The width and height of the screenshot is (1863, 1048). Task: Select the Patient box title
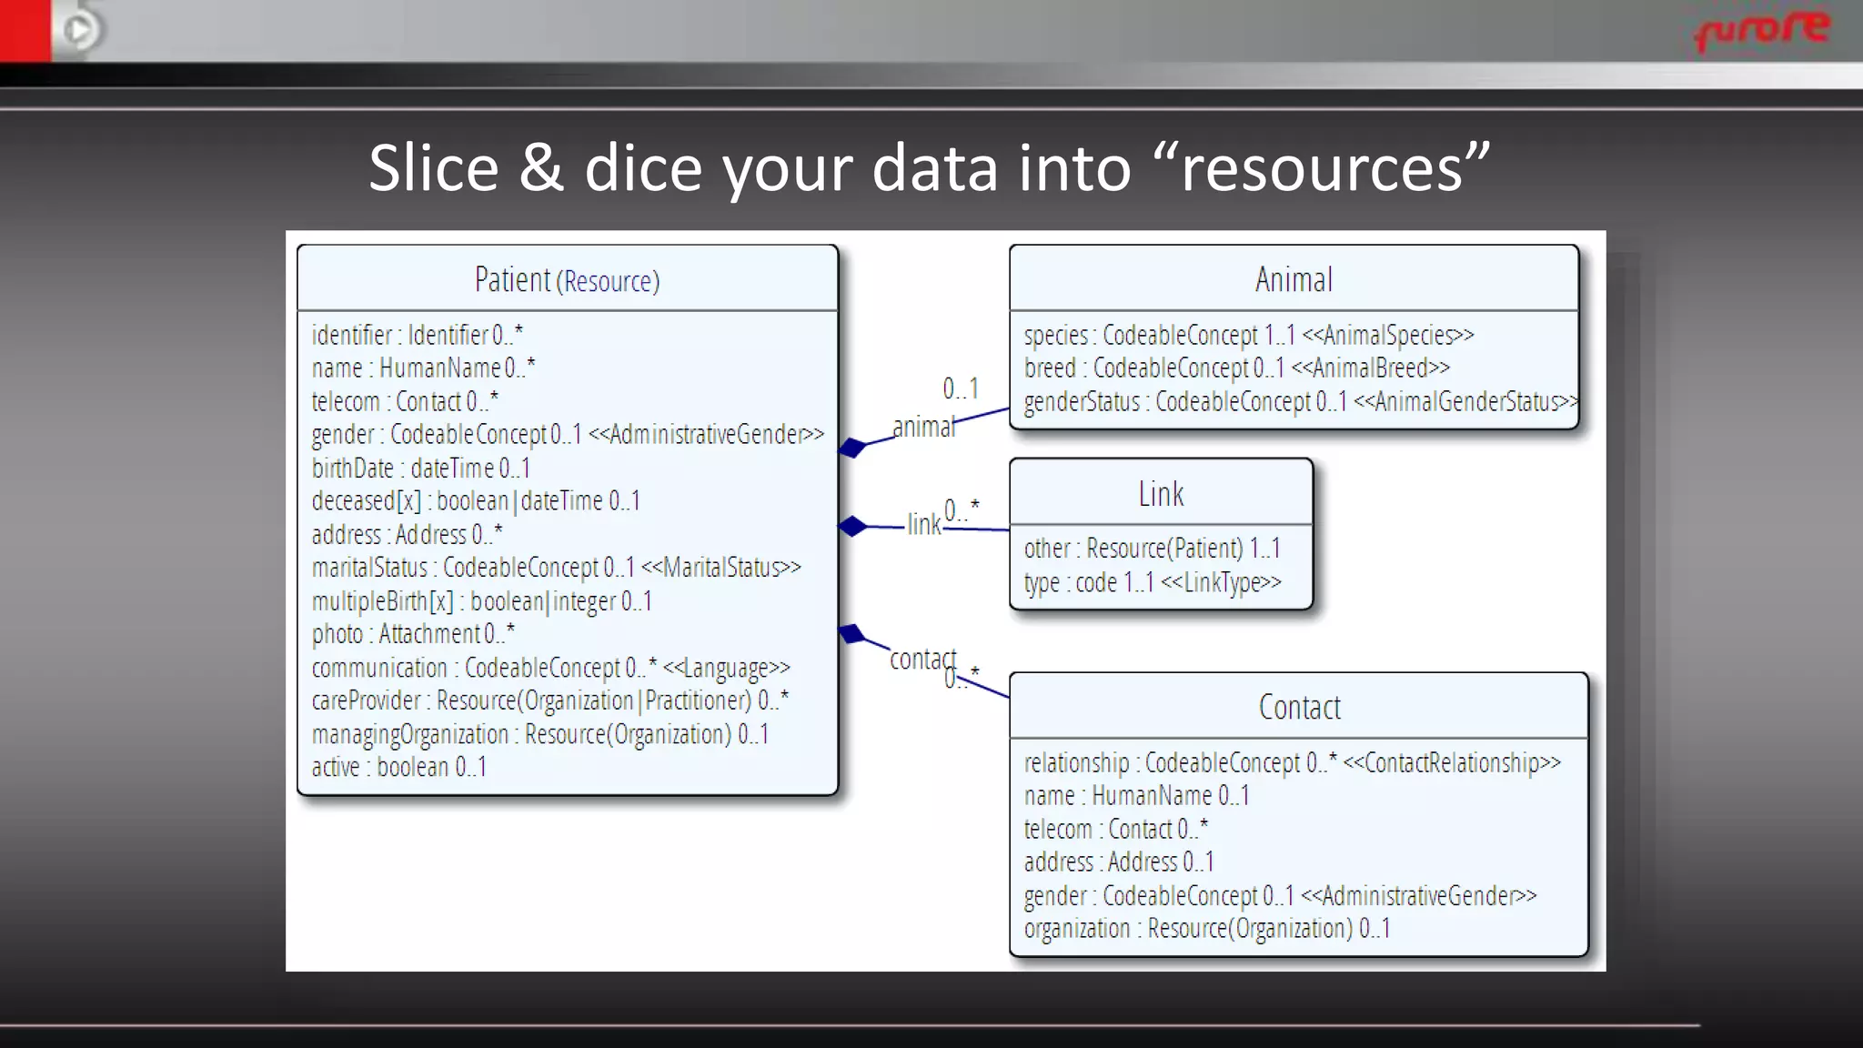click(x=567, y=280)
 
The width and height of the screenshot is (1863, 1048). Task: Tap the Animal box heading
click(x=1294, y=279)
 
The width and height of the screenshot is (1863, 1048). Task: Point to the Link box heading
click(x=1161, y=494)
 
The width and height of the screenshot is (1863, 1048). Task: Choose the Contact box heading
click(x=1299, y=707)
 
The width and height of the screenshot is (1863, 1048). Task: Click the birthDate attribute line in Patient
click(x=420, y=468)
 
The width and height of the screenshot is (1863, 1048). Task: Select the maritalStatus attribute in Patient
click(x=556, y=568)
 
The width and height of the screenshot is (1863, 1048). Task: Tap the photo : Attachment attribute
click(x=413, y=633)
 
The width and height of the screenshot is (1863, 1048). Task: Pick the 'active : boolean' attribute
click(x=398, y=767)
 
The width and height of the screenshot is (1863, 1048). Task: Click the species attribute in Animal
click(x=1248, y=335)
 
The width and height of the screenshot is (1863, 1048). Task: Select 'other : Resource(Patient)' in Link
click(x=1152, y=549)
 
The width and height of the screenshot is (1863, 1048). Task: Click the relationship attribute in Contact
click(x=1292, y=762)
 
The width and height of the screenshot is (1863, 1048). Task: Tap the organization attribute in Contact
click(x=1206, y=929)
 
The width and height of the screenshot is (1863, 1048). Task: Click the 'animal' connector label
click(x=923, y=427)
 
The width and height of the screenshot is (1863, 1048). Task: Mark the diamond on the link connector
click(x=852, y=526)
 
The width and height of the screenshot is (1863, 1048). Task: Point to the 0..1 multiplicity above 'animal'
click(x=961, y=388)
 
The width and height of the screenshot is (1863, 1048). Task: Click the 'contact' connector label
click(x=922, y=659)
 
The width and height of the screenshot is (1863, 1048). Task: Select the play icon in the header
click(x=79, y=30)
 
